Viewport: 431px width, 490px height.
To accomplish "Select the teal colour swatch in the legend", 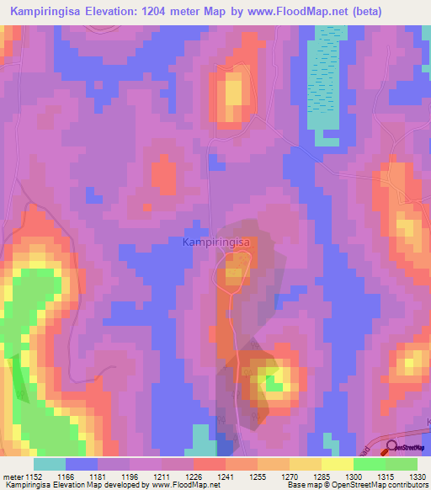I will (x=50, y=464).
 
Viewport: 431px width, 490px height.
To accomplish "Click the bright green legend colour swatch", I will (x=369, y=464).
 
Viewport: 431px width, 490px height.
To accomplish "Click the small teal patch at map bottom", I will (x=202, y=439).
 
